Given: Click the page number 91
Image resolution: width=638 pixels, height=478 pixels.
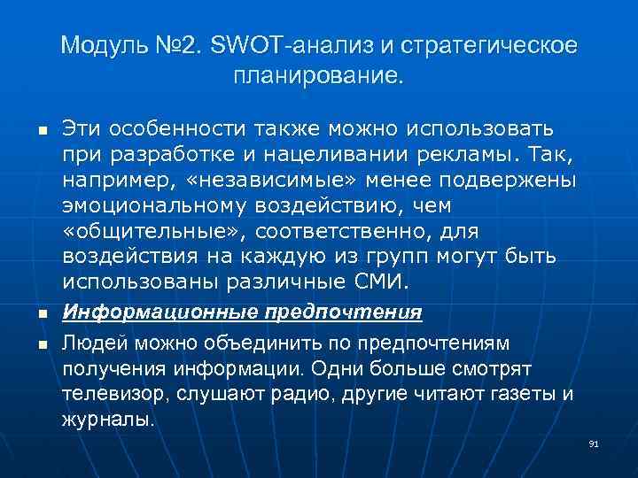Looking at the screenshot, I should (594, 443).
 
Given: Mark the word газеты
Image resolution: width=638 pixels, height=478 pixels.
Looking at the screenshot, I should (510, 392).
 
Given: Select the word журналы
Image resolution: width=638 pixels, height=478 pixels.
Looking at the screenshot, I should (108, 418).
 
